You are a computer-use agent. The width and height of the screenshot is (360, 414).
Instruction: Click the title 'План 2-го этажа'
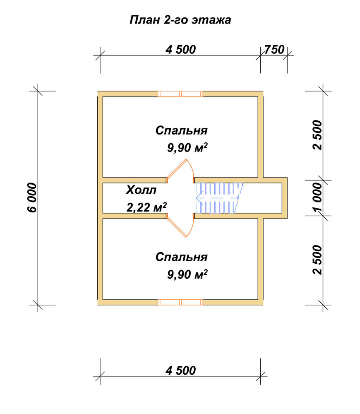180,20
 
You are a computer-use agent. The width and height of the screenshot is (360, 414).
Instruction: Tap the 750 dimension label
274,50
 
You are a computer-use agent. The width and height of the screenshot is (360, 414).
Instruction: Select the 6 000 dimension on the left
32,197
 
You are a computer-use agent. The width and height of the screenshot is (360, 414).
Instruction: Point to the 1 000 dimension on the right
317,197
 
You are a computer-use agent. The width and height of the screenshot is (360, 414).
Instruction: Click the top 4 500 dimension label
181,50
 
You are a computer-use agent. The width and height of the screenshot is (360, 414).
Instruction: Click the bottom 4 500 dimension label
181,371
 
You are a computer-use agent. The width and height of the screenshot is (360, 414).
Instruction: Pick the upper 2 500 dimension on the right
317,135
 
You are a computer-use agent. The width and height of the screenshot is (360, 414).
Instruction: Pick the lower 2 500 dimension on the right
317,260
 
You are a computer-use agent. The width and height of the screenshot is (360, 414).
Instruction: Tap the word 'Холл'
141,190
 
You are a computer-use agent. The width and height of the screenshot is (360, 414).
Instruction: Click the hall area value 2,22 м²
147,207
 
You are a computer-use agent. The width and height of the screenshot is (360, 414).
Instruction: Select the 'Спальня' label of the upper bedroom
182,130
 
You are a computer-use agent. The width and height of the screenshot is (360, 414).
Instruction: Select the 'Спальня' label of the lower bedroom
182,257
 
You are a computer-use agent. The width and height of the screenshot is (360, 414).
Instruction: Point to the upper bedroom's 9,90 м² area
187,148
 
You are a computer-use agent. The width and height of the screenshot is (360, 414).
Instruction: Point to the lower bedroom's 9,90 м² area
187,274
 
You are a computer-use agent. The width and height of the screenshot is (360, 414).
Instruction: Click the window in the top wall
180,94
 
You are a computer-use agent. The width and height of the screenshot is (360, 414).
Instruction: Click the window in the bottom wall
180,302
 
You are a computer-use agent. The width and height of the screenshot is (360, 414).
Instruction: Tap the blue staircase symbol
219,198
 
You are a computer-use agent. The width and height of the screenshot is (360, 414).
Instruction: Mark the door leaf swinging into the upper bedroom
177,169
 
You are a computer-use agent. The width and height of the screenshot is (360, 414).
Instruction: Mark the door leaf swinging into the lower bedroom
177,227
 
